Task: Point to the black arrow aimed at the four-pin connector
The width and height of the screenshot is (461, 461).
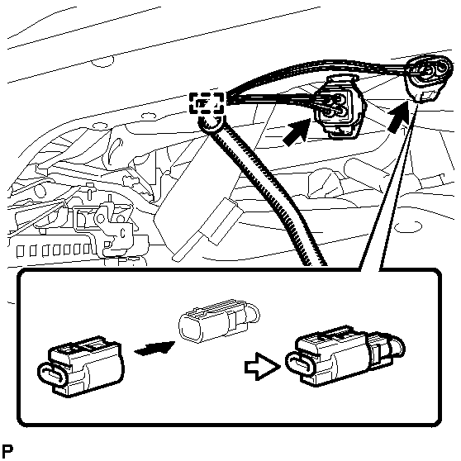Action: tap(297, 132)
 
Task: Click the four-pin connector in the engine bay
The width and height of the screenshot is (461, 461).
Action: tap(339, 107)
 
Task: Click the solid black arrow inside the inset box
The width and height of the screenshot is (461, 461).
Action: tap(154, 348)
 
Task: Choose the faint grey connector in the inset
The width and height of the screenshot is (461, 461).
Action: tap(219, 321)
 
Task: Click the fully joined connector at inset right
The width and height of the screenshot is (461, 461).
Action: tap(345, 356)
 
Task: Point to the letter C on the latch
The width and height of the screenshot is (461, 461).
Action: tap(123, 233)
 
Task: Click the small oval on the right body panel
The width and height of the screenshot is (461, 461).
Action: tap(408, 226)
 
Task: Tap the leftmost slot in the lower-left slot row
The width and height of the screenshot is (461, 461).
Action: tap(21, 252)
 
